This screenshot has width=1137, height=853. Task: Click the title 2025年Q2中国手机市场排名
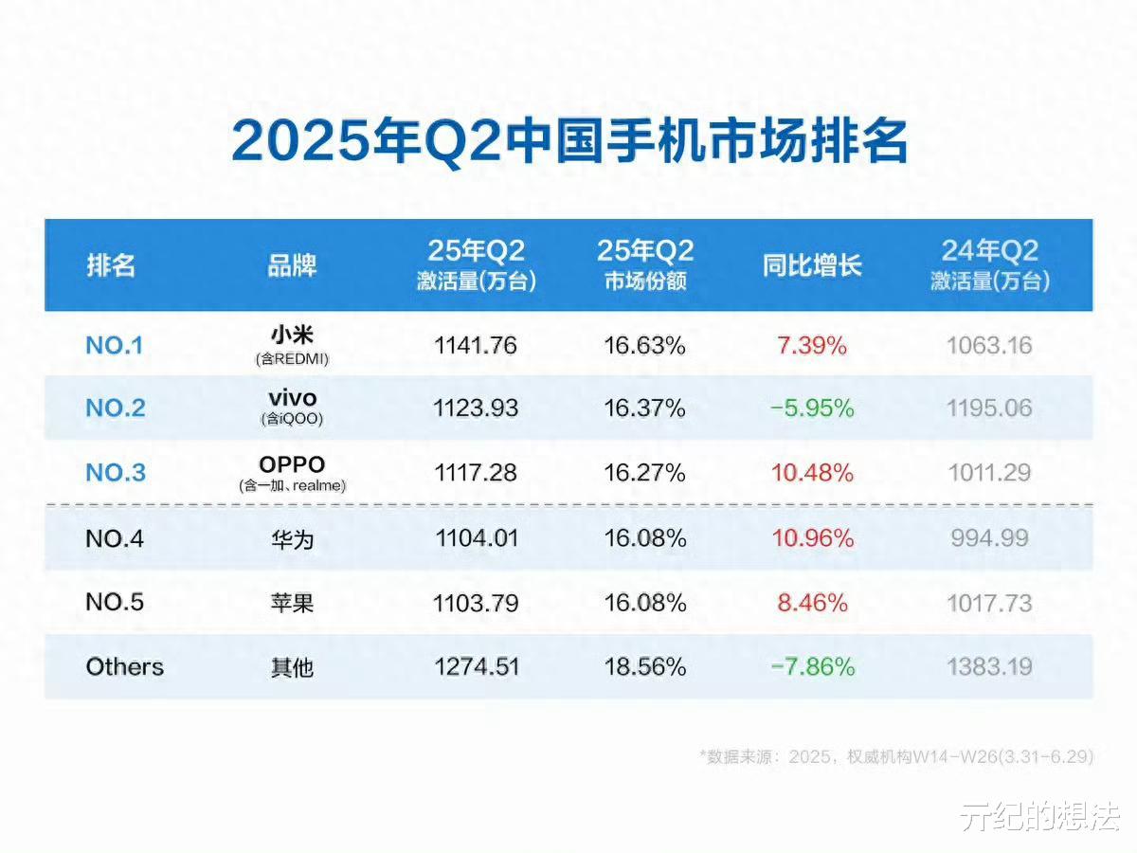point(569,143)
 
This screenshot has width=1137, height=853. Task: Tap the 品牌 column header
point(292,265)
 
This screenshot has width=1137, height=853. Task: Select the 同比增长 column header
point(812,265)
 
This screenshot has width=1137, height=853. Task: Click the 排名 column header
point(111,265)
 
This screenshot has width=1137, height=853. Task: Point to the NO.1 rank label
point(114,346)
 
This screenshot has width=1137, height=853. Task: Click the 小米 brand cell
point(292,336)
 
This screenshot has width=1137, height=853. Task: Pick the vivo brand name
point(292,399)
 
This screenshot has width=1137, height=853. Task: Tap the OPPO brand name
point(292,464)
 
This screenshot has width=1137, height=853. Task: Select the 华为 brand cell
point(292,539)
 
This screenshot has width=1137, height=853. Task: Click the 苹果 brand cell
point(292,604)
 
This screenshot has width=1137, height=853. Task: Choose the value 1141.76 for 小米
point(476,346)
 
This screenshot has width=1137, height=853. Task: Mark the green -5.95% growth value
point(812,408)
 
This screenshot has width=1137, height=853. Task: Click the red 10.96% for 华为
point(812,539)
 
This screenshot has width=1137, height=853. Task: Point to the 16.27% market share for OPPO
point(645,473)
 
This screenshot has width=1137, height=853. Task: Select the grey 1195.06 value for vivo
point(989,408)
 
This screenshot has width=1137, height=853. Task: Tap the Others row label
point(125,667)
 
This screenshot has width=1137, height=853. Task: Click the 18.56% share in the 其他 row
point(645,667)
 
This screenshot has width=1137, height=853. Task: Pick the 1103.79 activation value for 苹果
point(476,604)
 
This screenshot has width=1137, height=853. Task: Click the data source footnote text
point(896,756)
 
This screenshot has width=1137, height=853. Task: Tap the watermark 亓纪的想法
point(1038,817)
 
